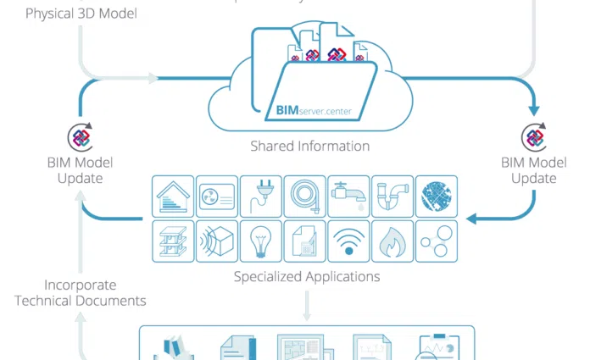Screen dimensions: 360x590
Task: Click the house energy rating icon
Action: pos(173,197)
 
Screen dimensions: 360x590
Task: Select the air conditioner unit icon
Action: pos(217,197)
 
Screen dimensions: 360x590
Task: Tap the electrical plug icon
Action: pos(261,197)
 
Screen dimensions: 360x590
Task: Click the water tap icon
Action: pos(348,197)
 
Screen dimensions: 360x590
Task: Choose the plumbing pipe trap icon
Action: pos(392,197)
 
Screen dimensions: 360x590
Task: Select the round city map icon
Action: pos(437,197)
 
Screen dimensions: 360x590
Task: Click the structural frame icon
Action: pos(173,241)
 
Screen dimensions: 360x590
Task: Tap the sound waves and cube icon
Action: pos(217,241)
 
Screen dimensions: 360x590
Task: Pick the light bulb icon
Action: pos(261,241)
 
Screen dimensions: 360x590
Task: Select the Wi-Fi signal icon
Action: pos(348,241)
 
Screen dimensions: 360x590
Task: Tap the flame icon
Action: pos(392,241)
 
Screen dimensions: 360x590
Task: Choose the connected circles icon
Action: pos(437,241)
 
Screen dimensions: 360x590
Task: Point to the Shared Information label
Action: pos(309,146)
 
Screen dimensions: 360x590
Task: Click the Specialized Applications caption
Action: pos(307,276)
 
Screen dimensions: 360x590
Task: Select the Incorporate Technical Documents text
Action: pos(80,293)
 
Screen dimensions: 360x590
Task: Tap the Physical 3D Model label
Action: pos(81,14)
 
